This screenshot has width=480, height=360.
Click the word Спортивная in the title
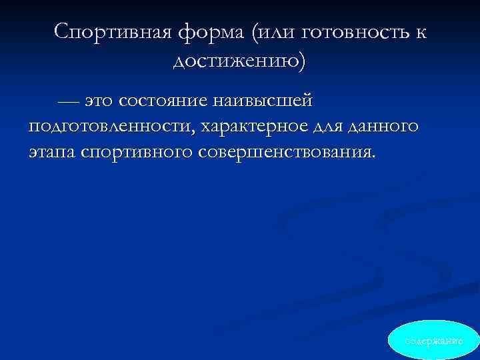tap(117, 31)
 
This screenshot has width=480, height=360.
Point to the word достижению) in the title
tap(240, 61)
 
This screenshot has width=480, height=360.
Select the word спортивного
tap(137, 151)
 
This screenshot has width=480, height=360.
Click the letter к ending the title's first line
tap(421, 31)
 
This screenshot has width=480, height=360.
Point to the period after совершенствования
tap(374, 157)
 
